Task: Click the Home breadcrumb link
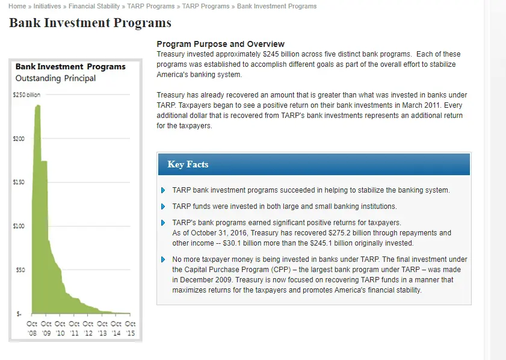pos(17,6)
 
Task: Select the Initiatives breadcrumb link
pos(47,6)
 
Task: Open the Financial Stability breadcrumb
pos(94,6)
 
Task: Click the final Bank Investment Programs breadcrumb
pos(277,6)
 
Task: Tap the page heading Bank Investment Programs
pos(90,23)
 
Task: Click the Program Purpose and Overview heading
pos(220,44)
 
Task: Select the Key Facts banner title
pos(188,164)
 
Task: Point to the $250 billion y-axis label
pos(26,95)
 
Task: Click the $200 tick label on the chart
pos(19,139)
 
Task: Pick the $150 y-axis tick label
pos(19,182)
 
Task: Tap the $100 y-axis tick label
pos(19,226)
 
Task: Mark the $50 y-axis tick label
pos(20,270)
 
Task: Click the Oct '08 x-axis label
pos(32,328)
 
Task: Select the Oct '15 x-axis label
pos(130,328)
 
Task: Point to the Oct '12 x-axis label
pos(88,328)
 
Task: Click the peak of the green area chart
pos(39,105)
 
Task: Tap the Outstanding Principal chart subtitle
pos(55,78)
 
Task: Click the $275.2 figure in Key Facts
pos(339,233)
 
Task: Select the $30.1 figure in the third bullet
pos(232,243)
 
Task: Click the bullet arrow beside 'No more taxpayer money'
pos(163,259)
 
